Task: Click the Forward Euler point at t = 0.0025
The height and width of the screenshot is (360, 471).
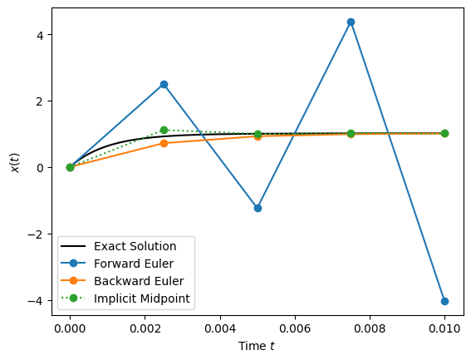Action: pyautogui.click(x=164, y=84)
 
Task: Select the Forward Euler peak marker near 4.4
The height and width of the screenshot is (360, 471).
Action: pyautogui.click(x=351, y=22)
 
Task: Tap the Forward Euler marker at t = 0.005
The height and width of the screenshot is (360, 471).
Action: pyautogui.click(x=258, y=208)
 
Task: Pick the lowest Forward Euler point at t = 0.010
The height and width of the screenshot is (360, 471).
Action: pyautogui.click(x=444, y=301)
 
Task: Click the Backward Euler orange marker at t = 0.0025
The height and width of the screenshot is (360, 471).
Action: pyautogui.click(x=164, y=143)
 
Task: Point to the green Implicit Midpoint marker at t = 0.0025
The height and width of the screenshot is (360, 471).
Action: pyautogui.click(x=164, y=130)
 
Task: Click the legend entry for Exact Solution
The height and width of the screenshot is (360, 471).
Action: pyautogui.click(x=135, y=246)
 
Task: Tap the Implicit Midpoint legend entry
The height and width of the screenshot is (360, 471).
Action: pyautogui.click(x=137, y=298)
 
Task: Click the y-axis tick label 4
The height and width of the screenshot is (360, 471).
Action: pyautogui.click(x=38, y=35)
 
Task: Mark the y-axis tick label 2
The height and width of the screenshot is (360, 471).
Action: pyautogui.click(x=38, y=101)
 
